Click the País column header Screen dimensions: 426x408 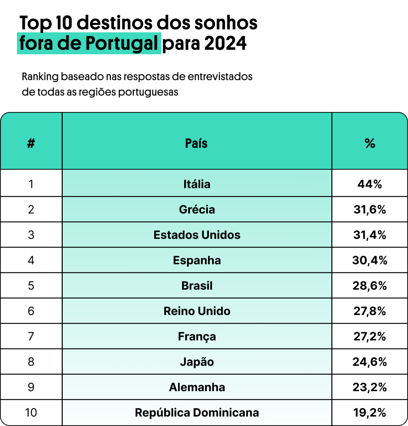(x=197, y=144)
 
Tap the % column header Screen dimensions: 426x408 (x=369, y=144)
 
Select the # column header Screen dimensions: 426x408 (x=31, y=144)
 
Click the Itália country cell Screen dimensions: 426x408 (x=197, y=184)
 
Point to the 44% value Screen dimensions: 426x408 (x=369, y=184)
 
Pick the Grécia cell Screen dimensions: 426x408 (x=197, y=210)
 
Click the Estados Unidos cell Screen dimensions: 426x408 (x=197, y=235)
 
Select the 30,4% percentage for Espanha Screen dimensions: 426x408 (x=369, y=260)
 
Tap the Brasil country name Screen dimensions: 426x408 (x=197, y=286)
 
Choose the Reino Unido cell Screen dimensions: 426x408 (x=197, y=311)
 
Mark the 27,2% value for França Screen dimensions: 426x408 (x=369, y=336)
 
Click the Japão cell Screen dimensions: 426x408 (x=197, y=362)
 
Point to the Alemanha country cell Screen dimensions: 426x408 (x=197, y=387)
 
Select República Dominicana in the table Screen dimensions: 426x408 (x=197, y=413)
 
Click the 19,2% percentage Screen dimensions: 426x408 (x=369, y=413)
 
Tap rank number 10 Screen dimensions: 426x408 (x=31, y=413)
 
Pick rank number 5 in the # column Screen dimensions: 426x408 (x=31, y=286)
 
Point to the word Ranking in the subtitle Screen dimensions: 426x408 (x=40, y=77)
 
